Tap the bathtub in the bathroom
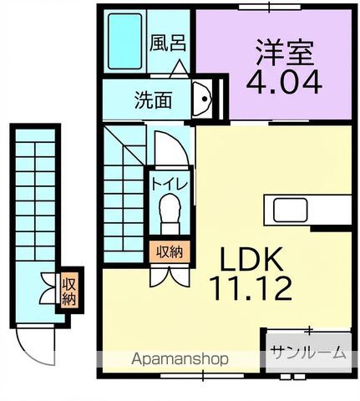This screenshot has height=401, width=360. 127,42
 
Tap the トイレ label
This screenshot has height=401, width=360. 170,180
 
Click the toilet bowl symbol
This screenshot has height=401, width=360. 170,209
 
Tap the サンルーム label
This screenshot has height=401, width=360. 307,353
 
